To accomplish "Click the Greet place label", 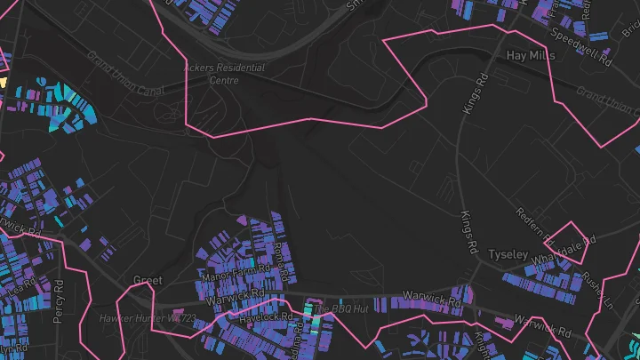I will click(148, 280).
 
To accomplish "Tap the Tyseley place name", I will click(508, 255).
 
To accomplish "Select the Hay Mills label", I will click(530, 55).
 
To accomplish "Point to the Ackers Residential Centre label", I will click(212, 74).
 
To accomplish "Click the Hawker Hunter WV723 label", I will click(147, 317).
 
